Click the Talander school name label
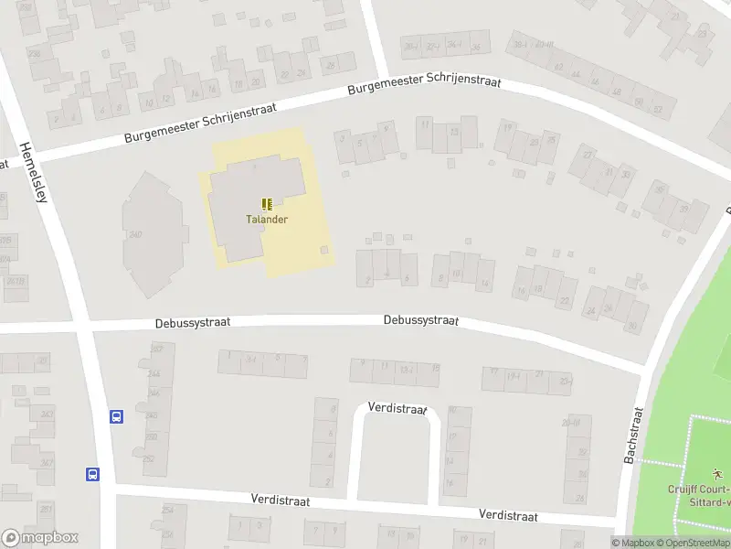(267, 220)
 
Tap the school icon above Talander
(267, 204)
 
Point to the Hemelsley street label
(32, 173)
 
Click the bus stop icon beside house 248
(117, 416)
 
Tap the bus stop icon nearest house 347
(93, 474)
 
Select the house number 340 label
(135, 235)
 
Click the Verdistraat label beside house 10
(397, 408)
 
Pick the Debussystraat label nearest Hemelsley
(192, 322)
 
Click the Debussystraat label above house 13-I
(420, 321)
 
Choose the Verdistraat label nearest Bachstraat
(508, 515)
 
